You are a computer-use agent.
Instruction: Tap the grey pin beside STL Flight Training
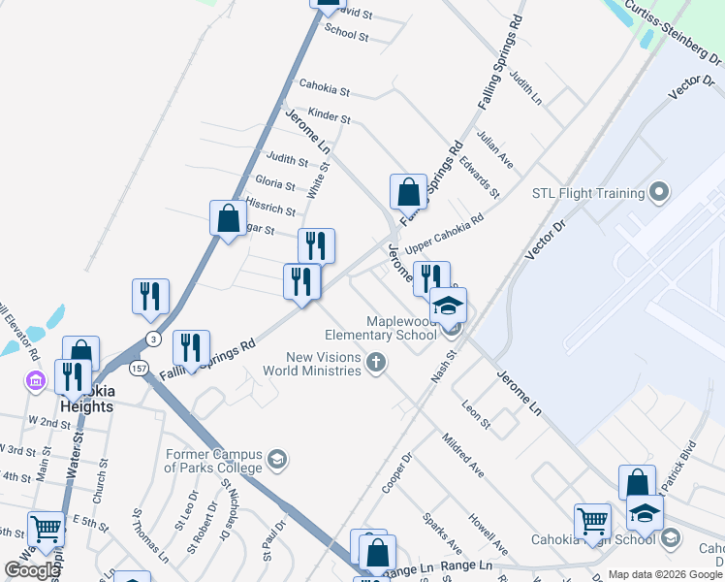(x=659, y=192)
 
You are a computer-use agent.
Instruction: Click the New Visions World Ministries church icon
(x=376, y=364)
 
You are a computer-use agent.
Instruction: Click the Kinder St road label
(x=330, y=116)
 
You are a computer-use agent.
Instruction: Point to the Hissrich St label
(x=270, y=207)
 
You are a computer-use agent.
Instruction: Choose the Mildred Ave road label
(x=462, y=455)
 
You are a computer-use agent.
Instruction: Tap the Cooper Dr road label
(x=397, y=471)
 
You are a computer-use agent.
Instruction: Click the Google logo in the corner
(x=32, y=569)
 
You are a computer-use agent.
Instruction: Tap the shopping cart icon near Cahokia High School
(x=591, y=521)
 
